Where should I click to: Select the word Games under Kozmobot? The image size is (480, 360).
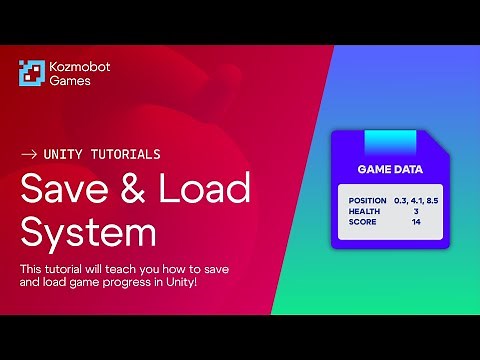coord(70,81)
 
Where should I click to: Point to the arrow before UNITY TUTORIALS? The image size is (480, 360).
coord(29,155)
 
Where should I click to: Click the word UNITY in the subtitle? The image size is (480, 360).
coord(64,155)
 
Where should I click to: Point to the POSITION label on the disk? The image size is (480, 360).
coord(368,201)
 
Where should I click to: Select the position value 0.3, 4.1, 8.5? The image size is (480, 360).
coord(416,201)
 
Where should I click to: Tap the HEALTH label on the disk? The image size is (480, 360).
coord(364,211)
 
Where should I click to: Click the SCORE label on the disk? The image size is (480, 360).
coord(362,221)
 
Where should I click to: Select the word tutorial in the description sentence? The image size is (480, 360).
coord(67,269)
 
